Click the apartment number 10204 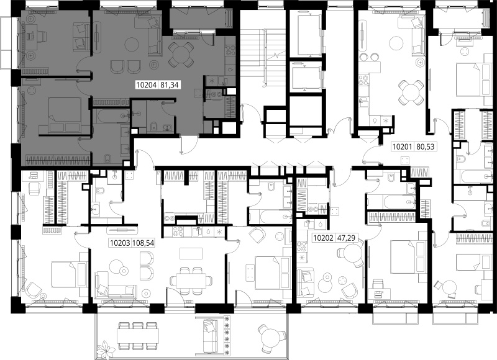147,85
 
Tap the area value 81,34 169,85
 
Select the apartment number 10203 120,243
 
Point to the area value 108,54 144,243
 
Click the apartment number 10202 323,238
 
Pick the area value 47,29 346,238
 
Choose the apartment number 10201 402,147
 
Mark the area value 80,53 424,147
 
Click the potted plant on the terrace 106,350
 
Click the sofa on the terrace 209,336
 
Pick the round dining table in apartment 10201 411,92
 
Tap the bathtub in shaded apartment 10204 113,117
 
